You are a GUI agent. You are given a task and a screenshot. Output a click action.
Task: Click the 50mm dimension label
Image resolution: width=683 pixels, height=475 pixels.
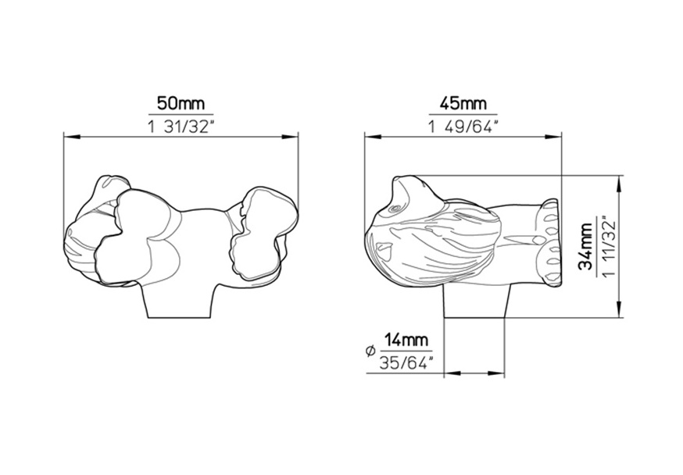181,104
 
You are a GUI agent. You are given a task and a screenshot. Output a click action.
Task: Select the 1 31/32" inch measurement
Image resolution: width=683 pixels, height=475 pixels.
181,127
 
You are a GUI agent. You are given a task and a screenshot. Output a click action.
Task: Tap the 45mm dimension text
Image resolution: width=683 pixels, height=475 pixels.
463,104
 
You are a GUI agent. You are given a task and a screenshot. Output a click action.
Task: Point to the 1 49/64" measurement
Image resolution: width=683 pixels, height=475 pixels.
463,127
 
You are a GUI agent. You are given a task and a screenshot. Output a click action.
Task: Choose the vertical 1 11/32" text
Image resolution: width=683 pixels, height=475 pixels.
608,246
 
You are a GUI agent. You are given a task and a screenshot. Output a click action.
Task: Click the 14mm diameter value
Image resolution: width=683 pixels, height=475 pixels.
406,340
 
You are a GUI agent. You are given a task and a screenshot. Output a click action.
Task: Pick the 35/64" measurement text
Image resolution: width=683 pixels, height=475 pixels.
406,363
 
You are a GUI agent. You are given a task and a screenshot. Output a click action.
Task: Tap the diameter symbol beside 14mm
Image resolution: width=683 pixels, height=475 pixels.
370,351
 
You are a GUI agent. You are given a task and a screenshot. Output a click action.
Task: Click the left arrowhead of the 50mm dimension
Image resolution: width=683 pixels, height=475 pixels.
73,137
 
